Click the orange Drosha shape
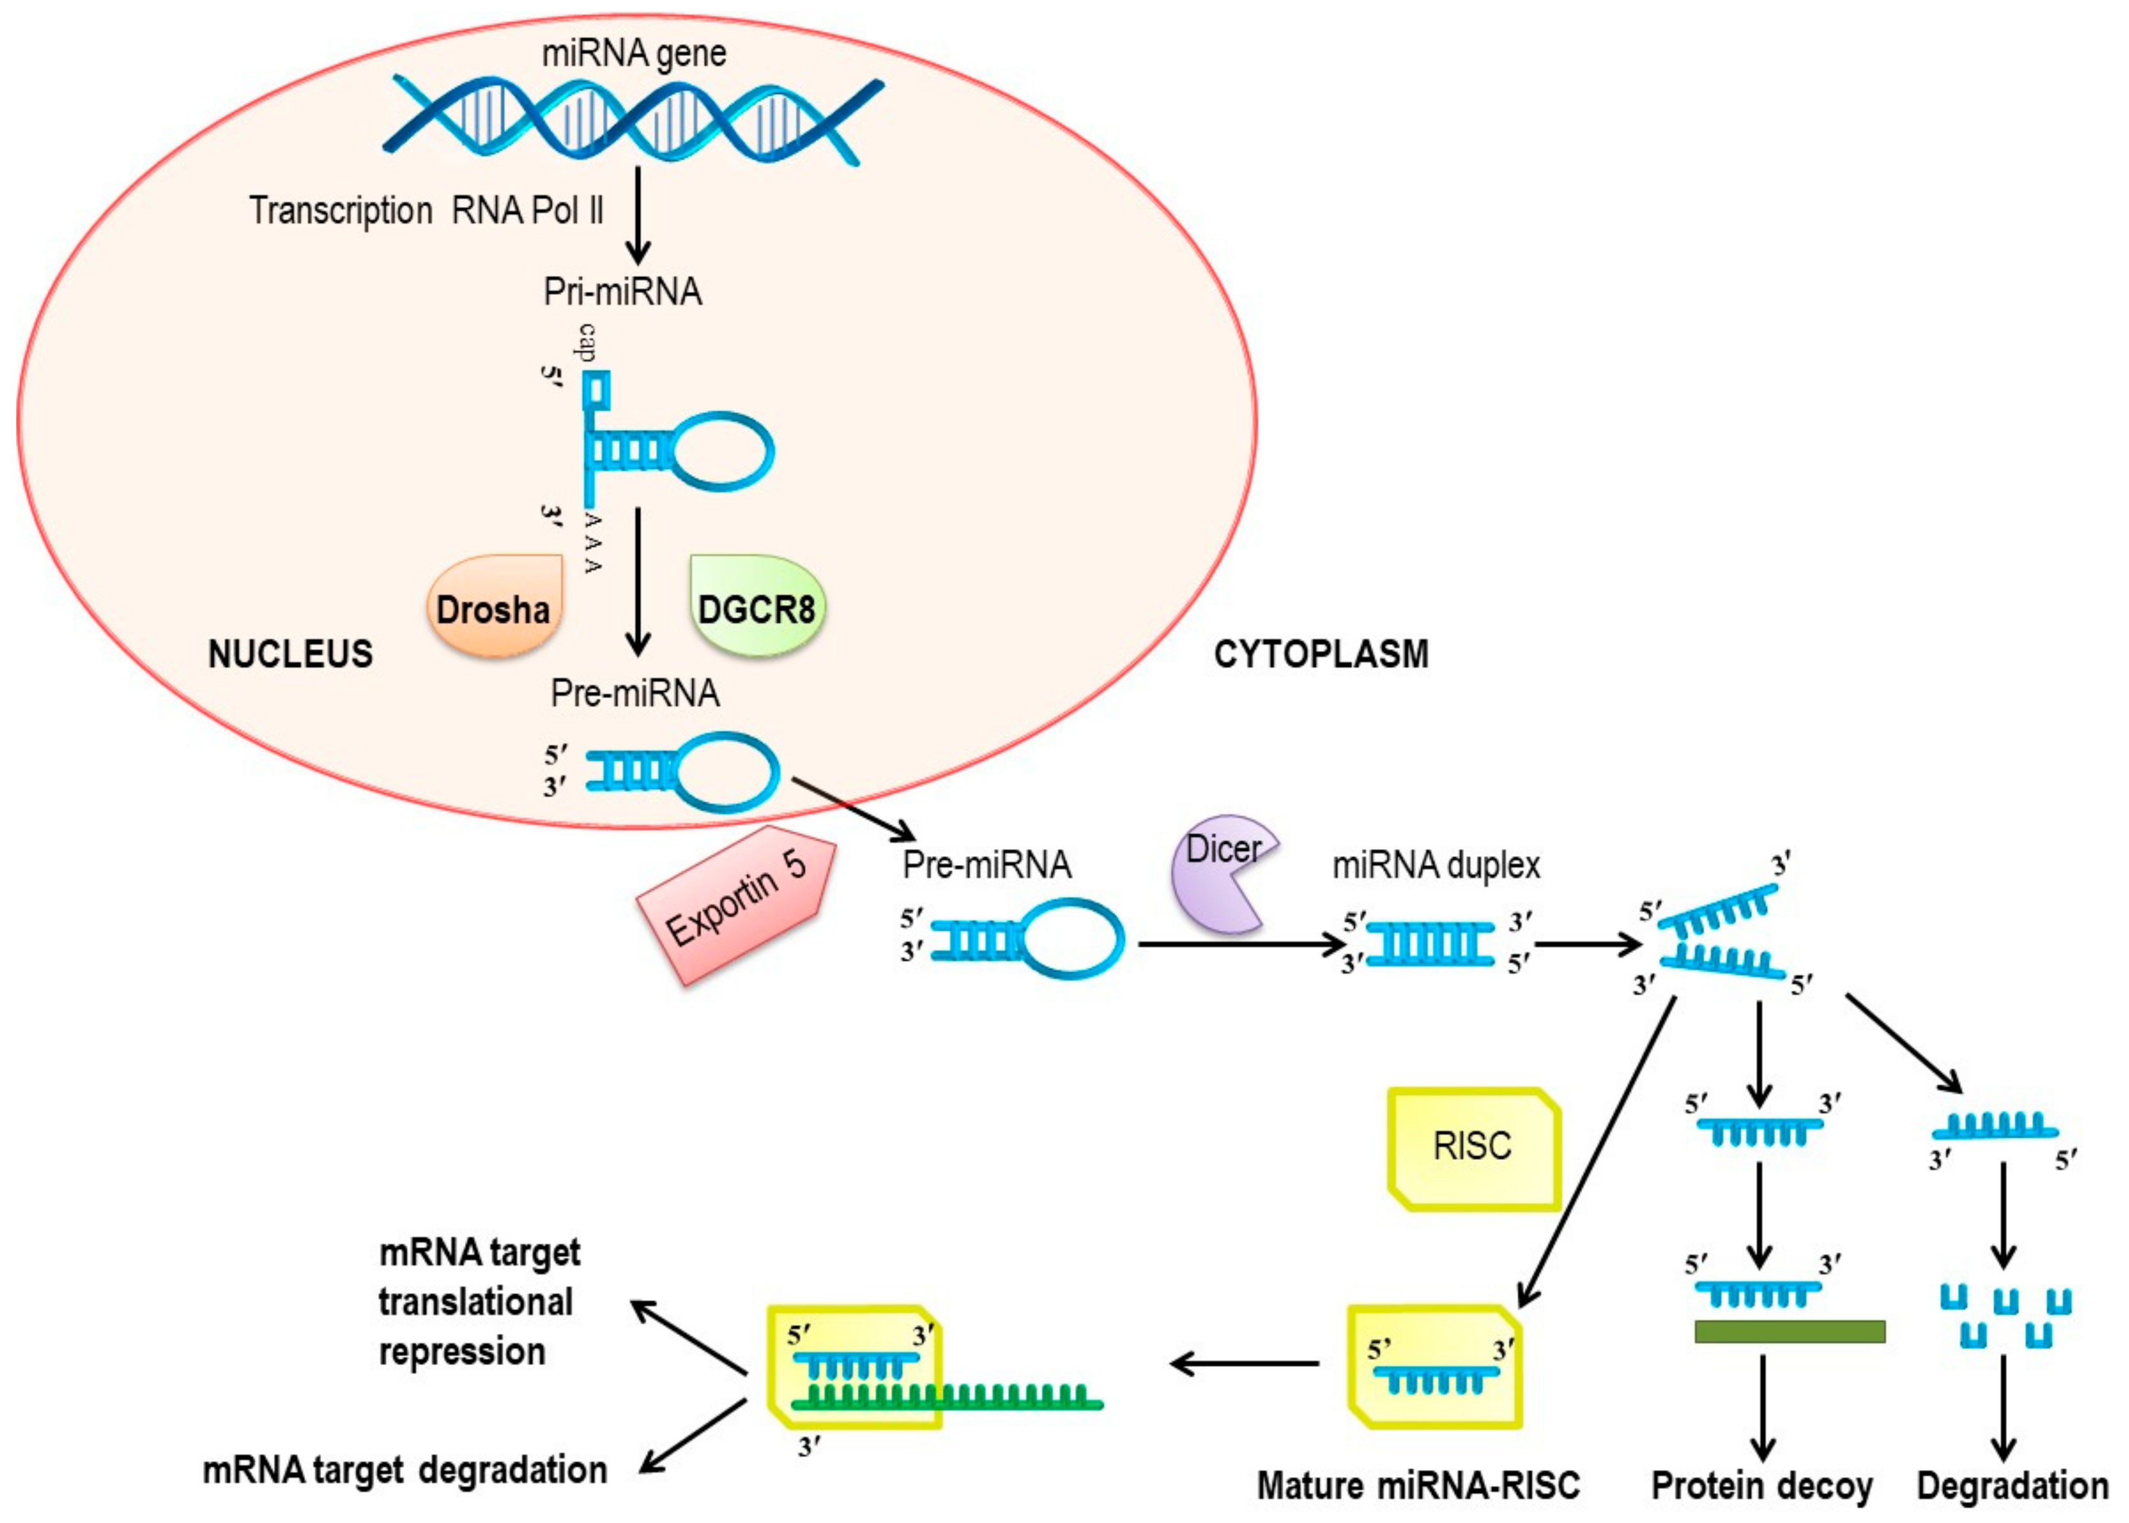pyautogui.click(x=494, y=605)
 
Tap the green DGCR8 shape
pyautogui.click(x=757, y=605)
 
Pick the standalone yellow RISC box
pyautogui.click(x=1474, y=1149)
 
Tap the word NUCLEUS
pyautogui.click(x=290, y=654)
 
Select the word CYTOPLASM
pyautogui.click(x=1321, y=654)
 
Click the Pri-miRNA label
pyautogui.click(x=623, y=292)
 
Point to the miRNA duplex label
pyautogui.click(x=1436, y=864)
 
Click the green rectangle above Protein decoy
pyautogui.click(x=1789, y=1332)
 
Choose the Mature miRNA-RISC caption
pyautogui.click(x=1418, y=1485)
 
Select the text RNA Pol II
pyautogui.click(x=528, y=210)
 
